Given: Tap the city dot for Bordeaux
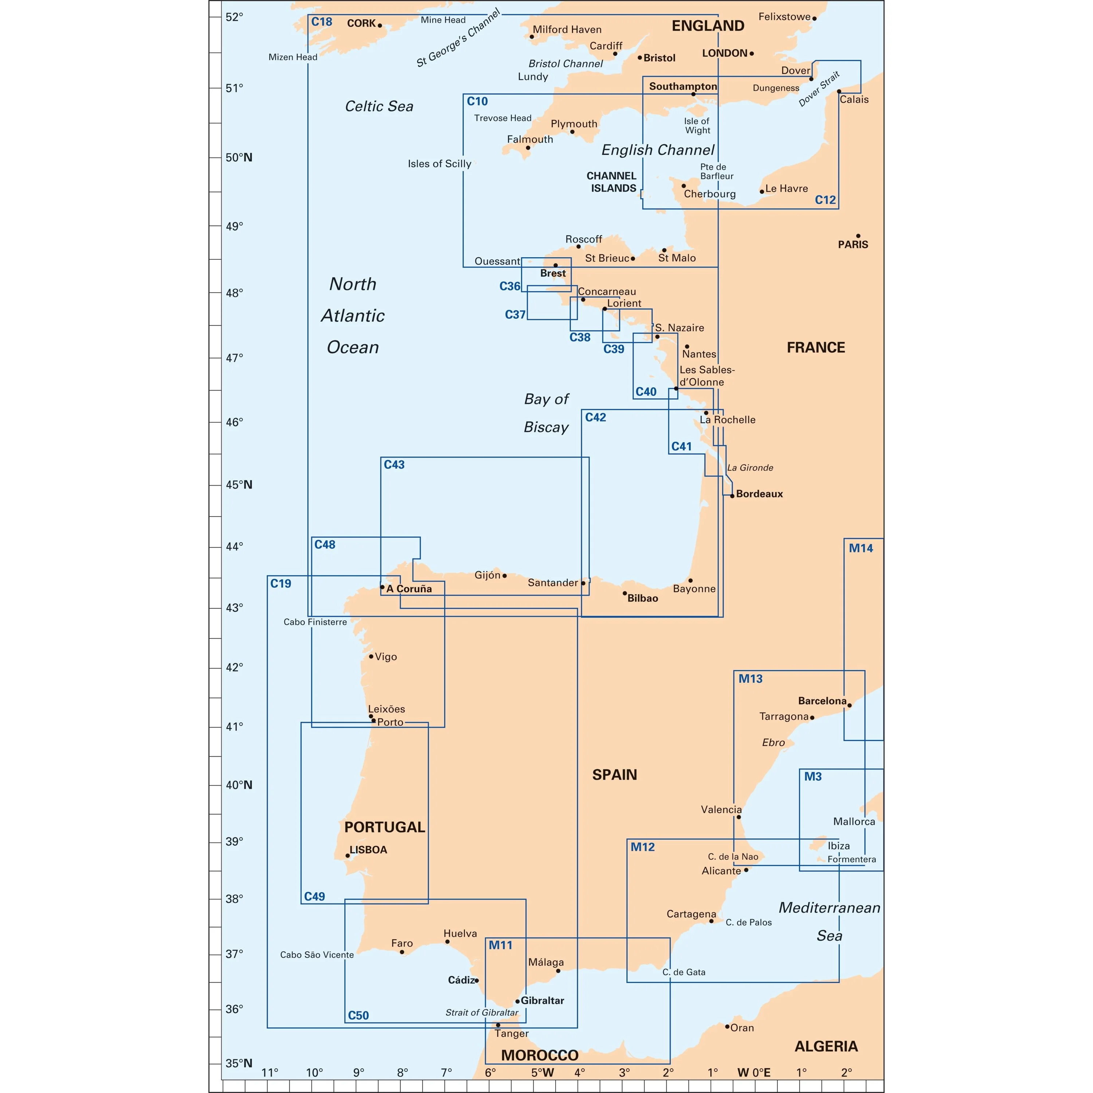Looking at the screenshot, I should pos(732,495).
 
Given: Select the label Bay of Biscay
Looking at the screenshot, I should pos(546,413).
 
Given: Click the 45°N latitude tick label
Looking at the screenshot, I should pos(239,485).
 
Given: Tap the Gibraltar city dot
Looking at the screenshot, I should pos(517,1001).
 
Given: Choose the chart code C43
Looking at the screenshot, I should pos(394,465).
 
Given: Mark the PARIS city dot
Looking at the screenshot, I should pos(858,236).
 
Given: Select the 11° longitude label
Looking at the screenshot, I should pos(270,1073).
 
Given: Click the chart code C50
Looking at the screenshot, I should pos(358,1015).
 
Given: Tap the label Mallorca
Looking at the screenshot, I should pos(854,822).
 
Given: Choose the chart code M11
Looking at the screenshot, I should pos(500,945).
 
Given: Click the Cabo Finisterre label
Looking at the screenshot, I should pos(315,622).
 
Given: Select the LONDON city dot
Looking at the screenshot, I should pos(751,54).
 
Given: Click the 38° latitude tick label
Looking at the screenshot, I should pos(234,899).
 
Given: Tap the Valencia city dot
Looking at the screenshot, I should pos(738,817).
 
